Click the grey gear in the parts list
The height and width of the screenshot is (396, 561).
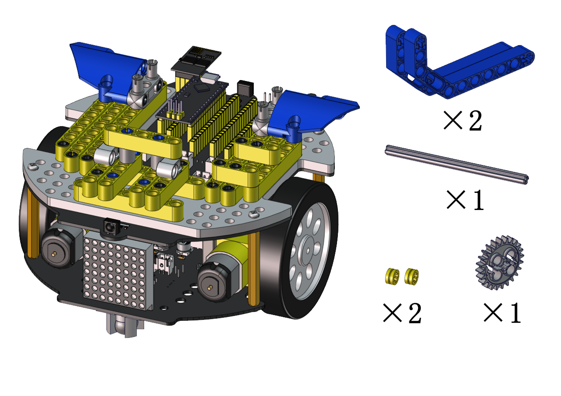(x=500, y=263)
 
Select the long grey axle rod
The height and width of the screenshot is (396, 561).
(x=457, y=165)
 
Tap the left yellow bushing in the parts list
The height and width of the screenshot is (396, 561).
(x=392, y=276)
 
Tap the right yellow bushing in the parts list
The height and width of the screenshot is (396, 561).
(x=412, y=276)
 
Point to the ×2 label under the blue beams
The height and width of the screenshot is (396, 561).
(x=463, y=121)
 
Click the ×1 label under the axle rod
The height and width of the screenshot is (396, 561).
(x=465, y=200)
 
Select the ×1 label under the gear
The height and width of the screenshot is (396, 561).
(x=502, y=312)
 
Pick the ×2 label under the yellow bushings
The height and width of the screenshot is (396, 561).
(x=402, y=312)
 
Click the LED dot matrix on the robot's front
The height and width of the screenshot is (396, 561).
(x=118, y=273)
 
